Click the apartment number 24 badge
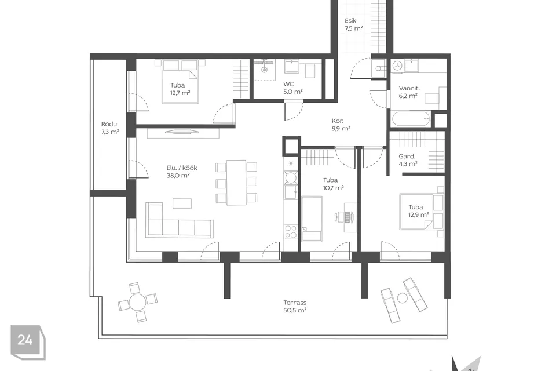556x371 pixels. (25, 340)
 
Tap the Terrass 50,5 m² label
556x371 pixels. (295, 306)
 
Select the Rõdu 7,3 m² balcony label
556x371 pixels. (110, 128)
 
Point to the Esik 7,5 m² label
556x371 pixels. (354, 24)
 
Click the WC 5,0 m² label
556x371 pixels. (293, 88)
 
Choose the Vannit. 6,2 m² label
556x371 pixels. (408, 92)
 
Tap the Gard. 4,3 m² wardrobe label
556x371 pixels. (407, 161)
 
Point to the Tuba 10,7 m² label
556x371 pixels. (333, 184)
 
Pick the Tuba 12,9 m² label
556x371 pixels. (418, 211)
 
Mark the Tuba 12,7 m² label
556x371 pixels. (180, 89)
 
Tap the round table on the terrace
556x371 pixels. (137, 302)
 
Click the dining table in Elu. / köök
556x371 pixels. (236, 182)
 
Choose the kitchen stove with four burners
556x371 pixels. (290, 232)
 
